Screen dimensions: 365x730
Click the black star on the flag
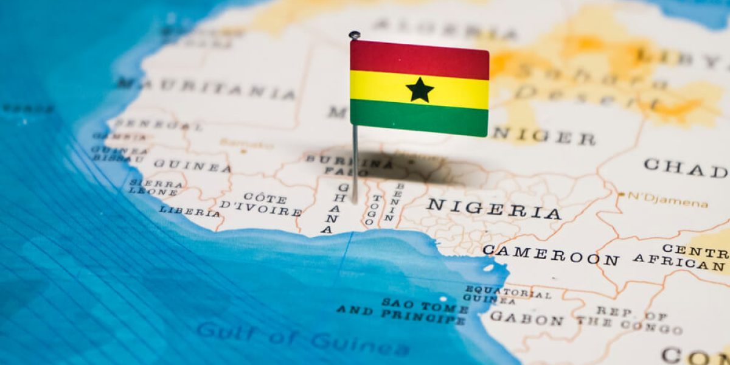(420, 90)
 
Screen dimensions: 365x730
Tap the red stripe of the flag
(419, 59)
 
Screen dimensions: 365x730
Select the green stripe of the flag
(419, 118)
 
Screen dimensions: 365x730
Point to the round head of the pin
(354, 35)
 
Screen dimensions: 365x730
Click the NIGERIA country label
(493, 209)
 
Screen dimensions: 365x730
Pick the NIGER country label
(543, 136)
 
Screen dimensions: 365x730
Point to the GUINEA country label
(192, 165)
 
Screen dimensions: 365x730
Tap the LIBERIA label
(189, 212)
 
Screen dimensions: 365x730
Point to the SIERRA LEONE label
(155, 187)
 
